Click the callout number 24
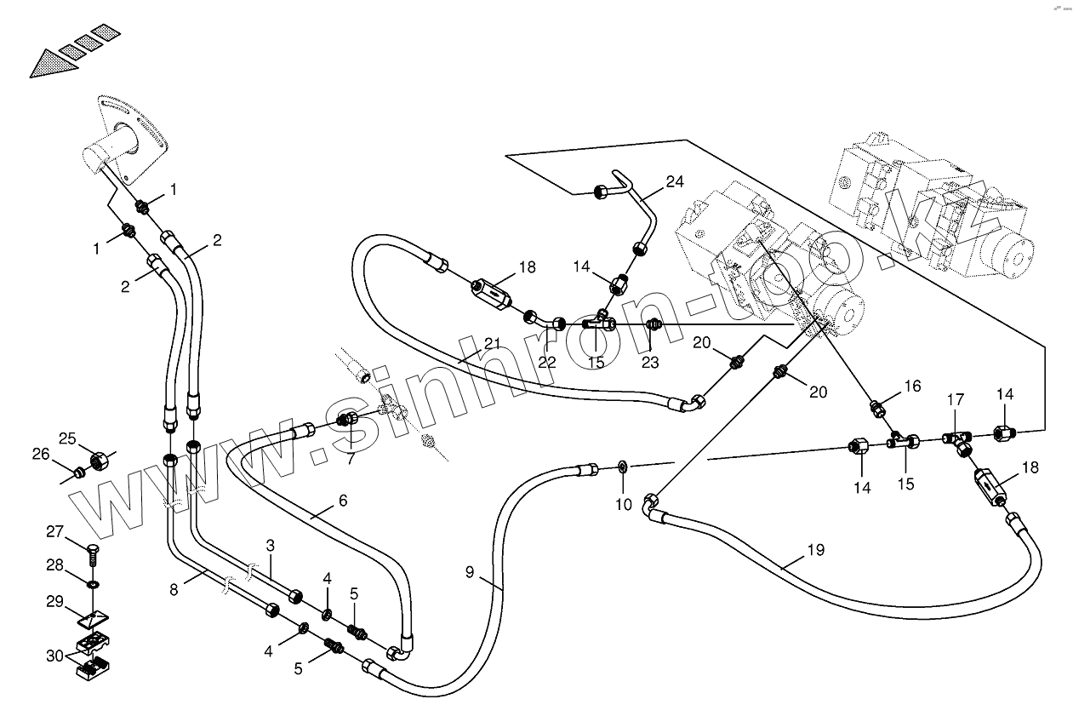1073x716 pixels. [x=675, y=181]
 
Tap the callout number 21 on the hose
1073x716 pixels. [x=493, y=343]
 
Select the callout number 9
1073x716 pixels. [x=470, y=572]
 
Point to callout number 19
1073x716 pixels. [x=815, y=550]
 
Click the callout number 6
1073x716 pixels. [x=342, y=501]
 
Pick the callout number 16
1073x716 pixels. [x=912, y=386]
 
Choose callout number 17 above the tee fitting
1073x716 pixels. [x=956, y=398]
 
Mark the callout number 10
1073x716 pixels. [x=624, y=505]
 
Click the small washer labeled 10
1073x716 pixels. [x=623, y=466]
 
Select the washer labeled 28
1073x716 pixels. [x=93, y=584]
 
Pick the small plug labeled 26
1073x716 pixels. [x=77, y=470]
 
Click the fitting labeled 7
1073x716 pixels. [x=347, y=419]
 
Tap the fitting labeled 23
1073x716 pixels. [x=653, y=324]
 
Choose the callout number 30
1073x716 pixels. [x=55, y=656]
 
